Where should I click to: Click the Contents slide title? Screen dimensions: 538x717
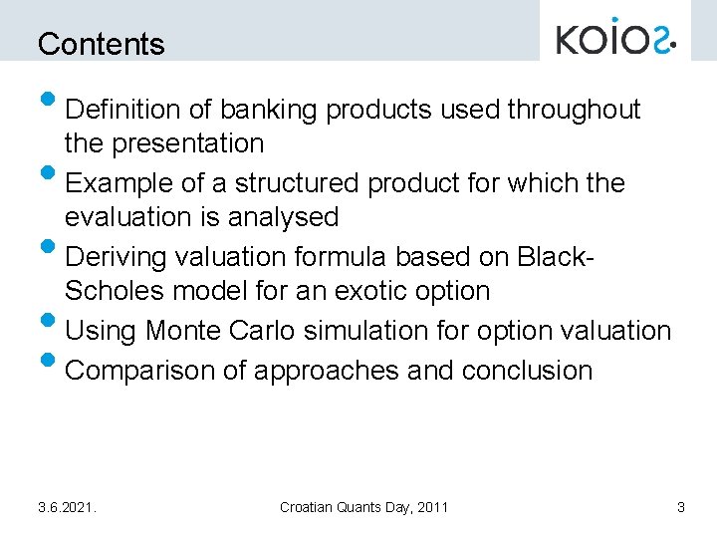point(101,44)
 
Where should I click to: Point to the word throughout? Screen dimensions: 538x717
point(575,109)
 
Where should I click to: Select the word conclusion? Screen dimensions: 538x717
point(527,370)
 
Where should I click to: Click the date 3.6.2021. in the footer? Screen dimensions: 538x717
point(67,507)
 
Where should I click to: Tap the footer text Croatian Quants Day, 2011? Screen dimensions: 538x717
point(363,507)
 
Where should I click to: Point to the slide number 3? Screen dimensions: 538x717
point(680,507)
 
